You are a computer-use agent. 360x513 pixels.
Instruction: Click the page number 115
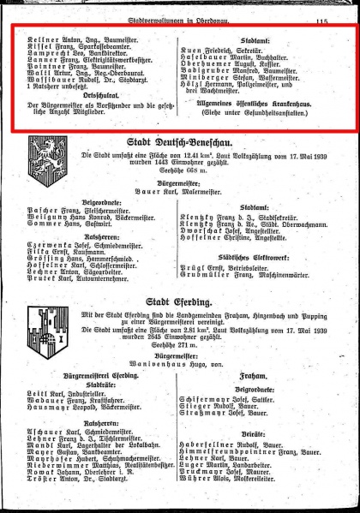pyautogui.click(x=322, y=9)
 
